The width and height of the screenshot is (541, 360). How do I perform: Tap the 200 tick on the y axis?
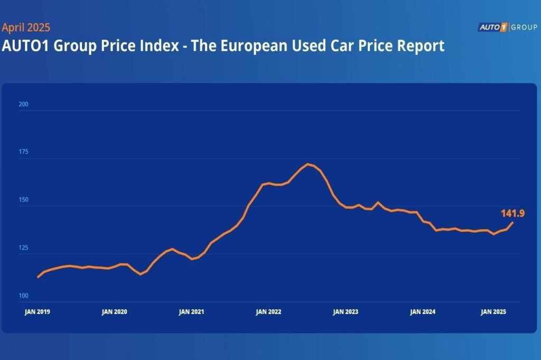(x=23, y=105)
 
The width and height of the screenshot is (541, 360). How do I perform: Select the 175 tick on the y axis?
(x=23, y=152)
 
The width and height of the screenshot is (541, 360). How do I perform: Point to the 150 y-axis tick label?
(x=23, y=200)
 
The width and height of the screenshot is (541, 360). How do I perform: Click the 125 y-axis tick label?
(x=23, y=248)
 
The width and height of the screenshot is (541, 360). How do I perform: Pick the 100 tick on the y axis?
(x=23, y=296)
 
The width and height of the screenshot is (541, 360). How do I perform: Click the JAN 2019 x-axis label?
(x=38, y=312)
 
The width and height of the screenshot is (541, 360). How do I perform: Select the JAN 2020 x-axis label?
(x=114, y=312)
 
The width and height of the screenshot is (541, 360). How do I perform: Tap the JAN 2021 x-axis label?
(x=191, y=312)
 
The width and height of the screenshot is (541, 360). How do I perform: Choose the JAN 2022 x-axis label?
(x=268, y=312)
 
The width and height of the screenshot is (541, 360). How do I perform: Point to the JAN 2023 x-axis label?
(x=346, y=312)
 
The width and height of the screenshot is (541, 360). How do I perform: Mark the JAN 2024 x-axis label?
(x=423, y=312)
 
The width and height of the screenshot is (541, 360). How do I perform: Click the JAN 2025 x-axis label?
(x=493, y=312)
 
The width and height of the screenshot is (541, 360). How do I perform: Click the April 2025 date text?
(x=26, y=27)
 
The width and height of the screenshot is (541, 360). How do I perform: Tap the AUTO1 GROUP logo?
(x=507, y=27)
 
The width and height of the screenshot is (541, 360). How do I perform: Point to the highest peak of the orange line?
(x=308, y=164)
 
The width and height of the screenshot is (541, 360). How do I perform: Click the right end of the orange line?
(x=512, y=222)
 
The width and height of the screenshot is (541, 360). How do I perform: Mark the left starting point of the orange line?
(x=38, y=277)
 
